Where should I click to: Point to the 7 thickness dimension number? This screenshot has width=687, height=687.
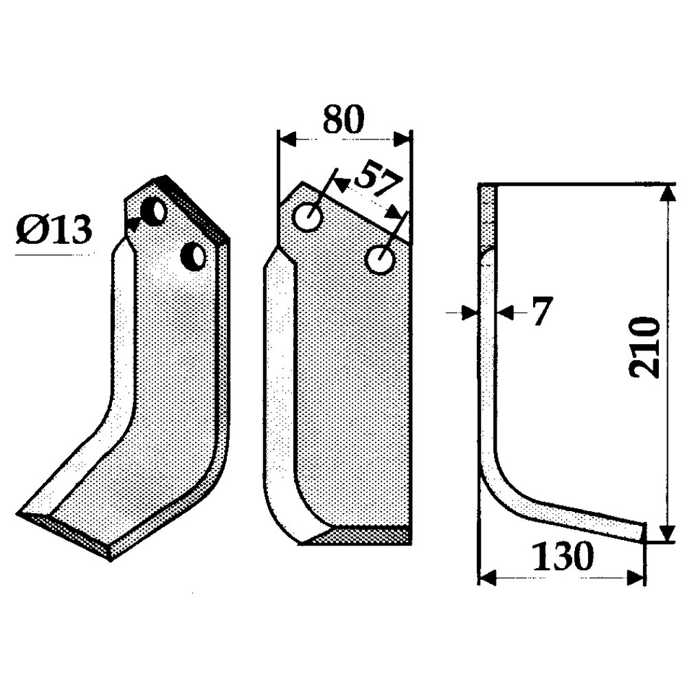tap(541, 313)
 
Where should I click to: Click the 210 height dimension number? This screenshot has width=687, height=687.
tap(644, 348)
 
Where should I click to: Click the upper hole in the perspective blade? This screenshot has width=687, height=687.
tap(155, 212)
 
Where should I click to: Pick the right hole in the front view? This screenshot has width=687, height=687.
tap(379, 260)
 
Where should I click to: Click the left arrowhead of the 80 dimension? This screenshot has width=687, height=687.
tap(284, 139)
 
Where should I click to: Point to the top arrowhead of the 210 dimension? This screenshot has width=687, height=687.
tap(664, 194)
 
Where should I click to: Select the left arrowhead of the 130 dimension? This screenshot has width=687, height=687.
tap(487, 578)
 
